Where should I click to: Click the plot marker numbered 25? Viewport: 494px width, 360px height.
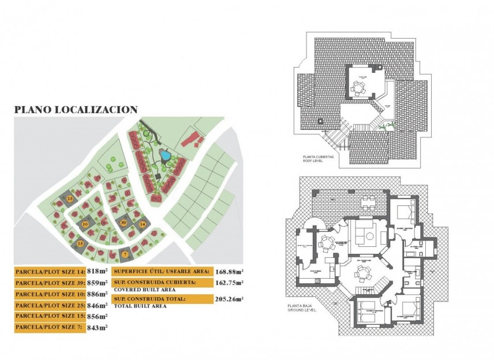[x=70, y=198]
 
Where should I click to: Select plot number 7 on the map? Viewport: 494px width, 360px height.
[x=125, y=254]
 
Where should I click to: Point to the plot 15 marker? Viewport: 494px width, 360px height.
[x=80, y=244]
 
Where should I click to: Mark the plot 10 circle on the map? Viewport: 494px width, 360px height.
[x=85, y=223]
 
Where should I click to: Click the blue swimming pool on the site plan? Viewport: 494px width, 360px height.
[x=164, y=155]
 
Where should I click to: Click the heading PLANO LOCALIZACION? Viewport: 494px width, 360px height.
[x=76, y=109]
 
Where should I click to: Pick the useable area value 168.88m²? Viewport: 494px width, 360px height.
[x=229, y=271]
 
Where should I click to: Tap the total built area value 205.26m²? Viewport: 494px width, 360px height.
[x=229, y=299]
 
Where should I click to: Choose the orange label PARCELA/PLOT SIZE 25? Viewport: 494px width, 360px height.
[x=49, y=305]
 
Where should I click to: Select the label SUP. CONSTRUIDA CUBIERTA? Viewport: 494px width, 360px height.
[x=155, y=283]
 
